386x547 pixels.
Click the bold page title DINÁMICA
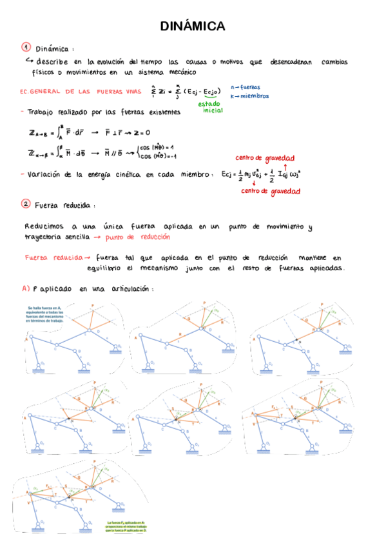tap(193, 26)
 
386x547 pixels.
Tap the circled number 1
tap(26, 47)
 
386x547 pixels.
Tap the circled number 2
tap(26, 204)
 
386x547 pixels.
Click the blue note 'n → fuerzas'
tap(245, 86)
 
